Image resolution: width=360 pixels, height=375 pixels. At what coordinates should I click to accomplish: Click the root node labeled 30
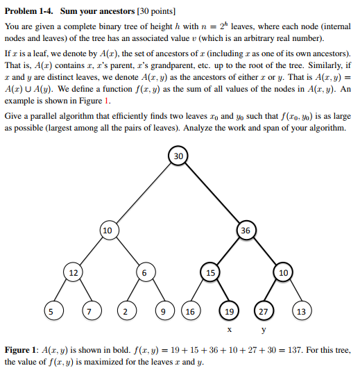[x=178, y=157]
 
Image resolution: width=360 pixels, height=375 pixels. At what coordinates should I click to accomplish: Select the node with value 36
[x=246, y=230]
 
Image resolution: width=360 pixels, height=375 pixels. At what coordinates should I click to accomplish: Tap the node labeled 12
[x=73, y=273]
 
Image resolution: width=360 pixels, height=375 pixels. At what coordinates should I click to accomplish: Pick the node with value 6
[x=143, y=273]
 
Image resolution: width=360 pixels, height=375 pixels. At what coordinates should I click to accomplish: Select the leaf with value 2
[x=125, y=310]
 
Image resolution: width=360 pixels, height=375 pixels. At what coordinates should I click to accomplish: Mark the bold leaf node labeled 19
[x=229, y=310]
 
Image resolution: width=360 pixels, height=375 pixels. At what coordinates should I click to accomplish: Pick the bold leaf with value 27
[x=264, y=310]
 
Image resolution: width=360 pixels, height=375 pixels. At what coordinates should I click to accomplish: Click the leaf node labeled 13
[x=300, y=310]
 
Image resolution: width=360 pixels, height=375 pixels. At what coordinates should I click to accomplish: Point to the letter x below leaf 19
[x=229, y=329]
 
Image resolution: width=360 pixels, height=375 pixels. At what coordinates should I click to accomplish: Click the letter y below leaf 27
[x=264, y=330]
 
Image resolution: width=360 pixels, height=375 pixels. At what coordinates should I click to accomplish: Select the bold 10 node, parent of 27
[x=282, y=273]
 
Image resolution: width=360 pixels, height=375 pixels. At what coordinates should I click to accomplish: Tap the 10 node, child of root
[x=108, y=230]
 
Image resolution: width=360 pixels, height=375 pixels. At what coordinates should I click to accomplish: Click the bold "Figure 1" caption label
[x=23, y=350]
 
